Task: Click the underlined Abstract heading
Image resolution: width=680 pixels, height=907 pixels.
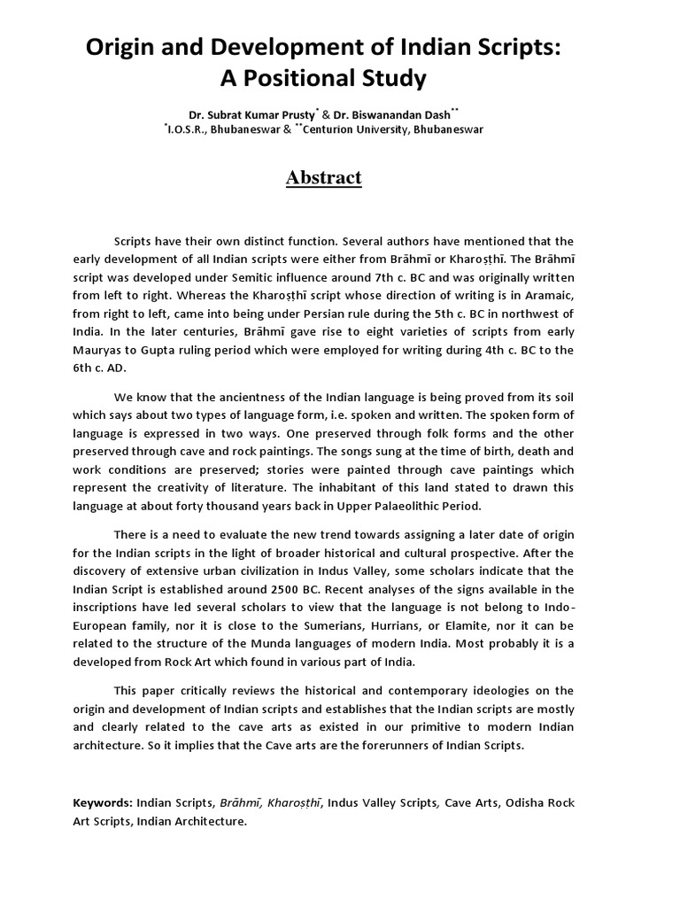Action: (323, 177)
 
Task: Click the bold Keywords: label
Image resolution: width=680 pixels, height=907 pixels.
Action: (103, 802)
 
